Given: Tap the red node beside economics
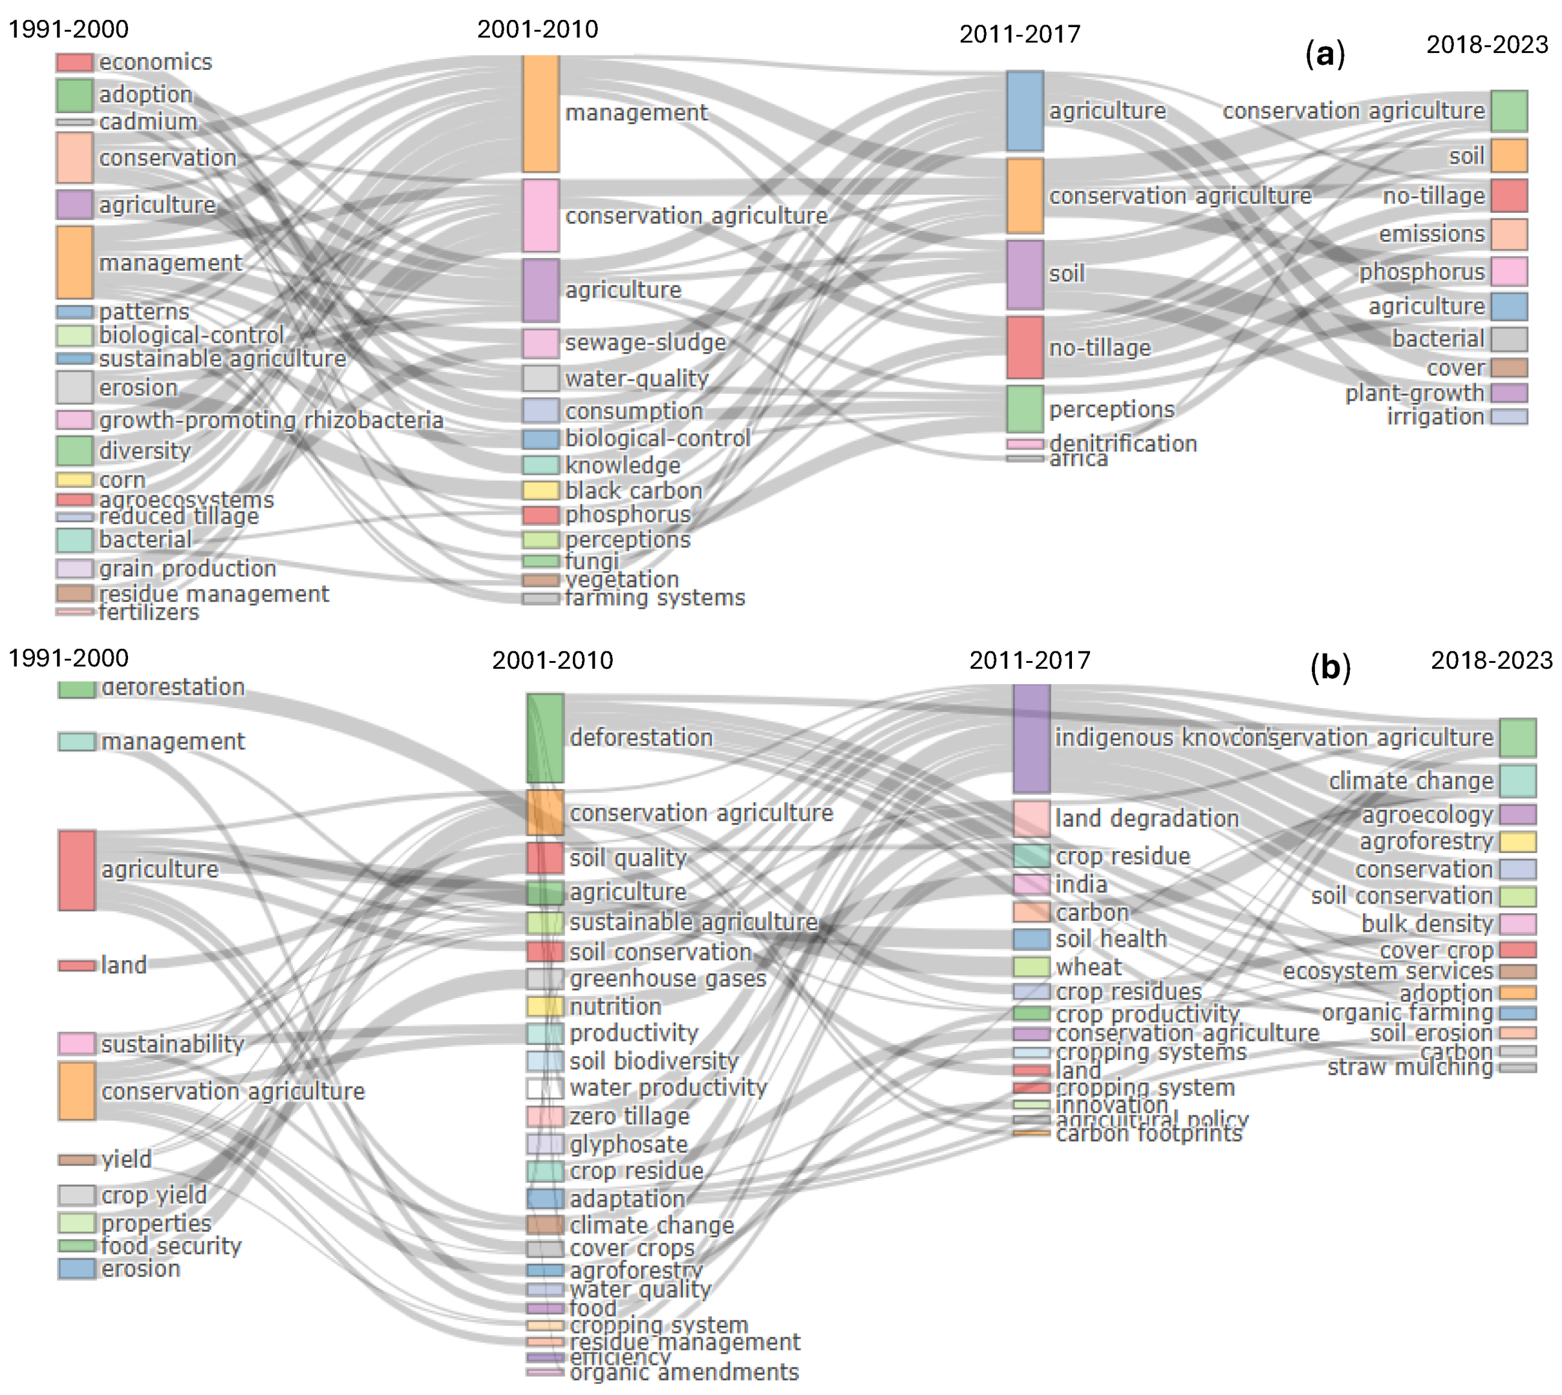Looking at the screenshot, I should pos(74,62).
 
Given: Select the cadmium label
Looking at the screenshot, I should pos(149,122).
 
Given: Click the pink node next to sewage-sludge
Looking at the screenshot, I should pos(541,343).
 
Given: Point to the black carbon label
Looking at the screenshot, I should pos(633,491).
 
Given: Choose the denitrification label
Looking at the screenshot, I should pos(1122,444).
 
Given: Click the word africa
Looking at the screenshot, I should pos(1078,459).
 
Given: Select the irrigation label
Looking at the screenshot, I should pos(1435,417).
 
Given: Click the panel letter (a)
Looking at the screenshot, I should pos(1325,54).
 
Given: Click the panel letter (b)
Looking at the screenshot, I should pos(1330,667).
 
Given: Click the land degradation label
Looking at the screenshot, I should pos(1146,819).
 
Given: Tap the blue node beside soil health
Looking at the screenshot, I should pos(1031,939).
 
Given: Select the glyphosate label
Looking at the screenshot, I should pos(628,1144).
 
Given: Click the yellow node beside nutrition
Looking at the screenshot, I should pos(544,1006).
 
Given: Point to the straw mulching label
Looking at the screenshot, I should pos(1409,1068).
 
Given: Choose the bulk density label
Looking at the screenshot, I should pos(1427,924).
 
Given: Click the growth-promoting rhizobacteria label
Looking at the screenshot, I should pos(271,420).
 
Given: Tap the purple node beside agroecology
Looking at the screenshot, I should pos(1517,814).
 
